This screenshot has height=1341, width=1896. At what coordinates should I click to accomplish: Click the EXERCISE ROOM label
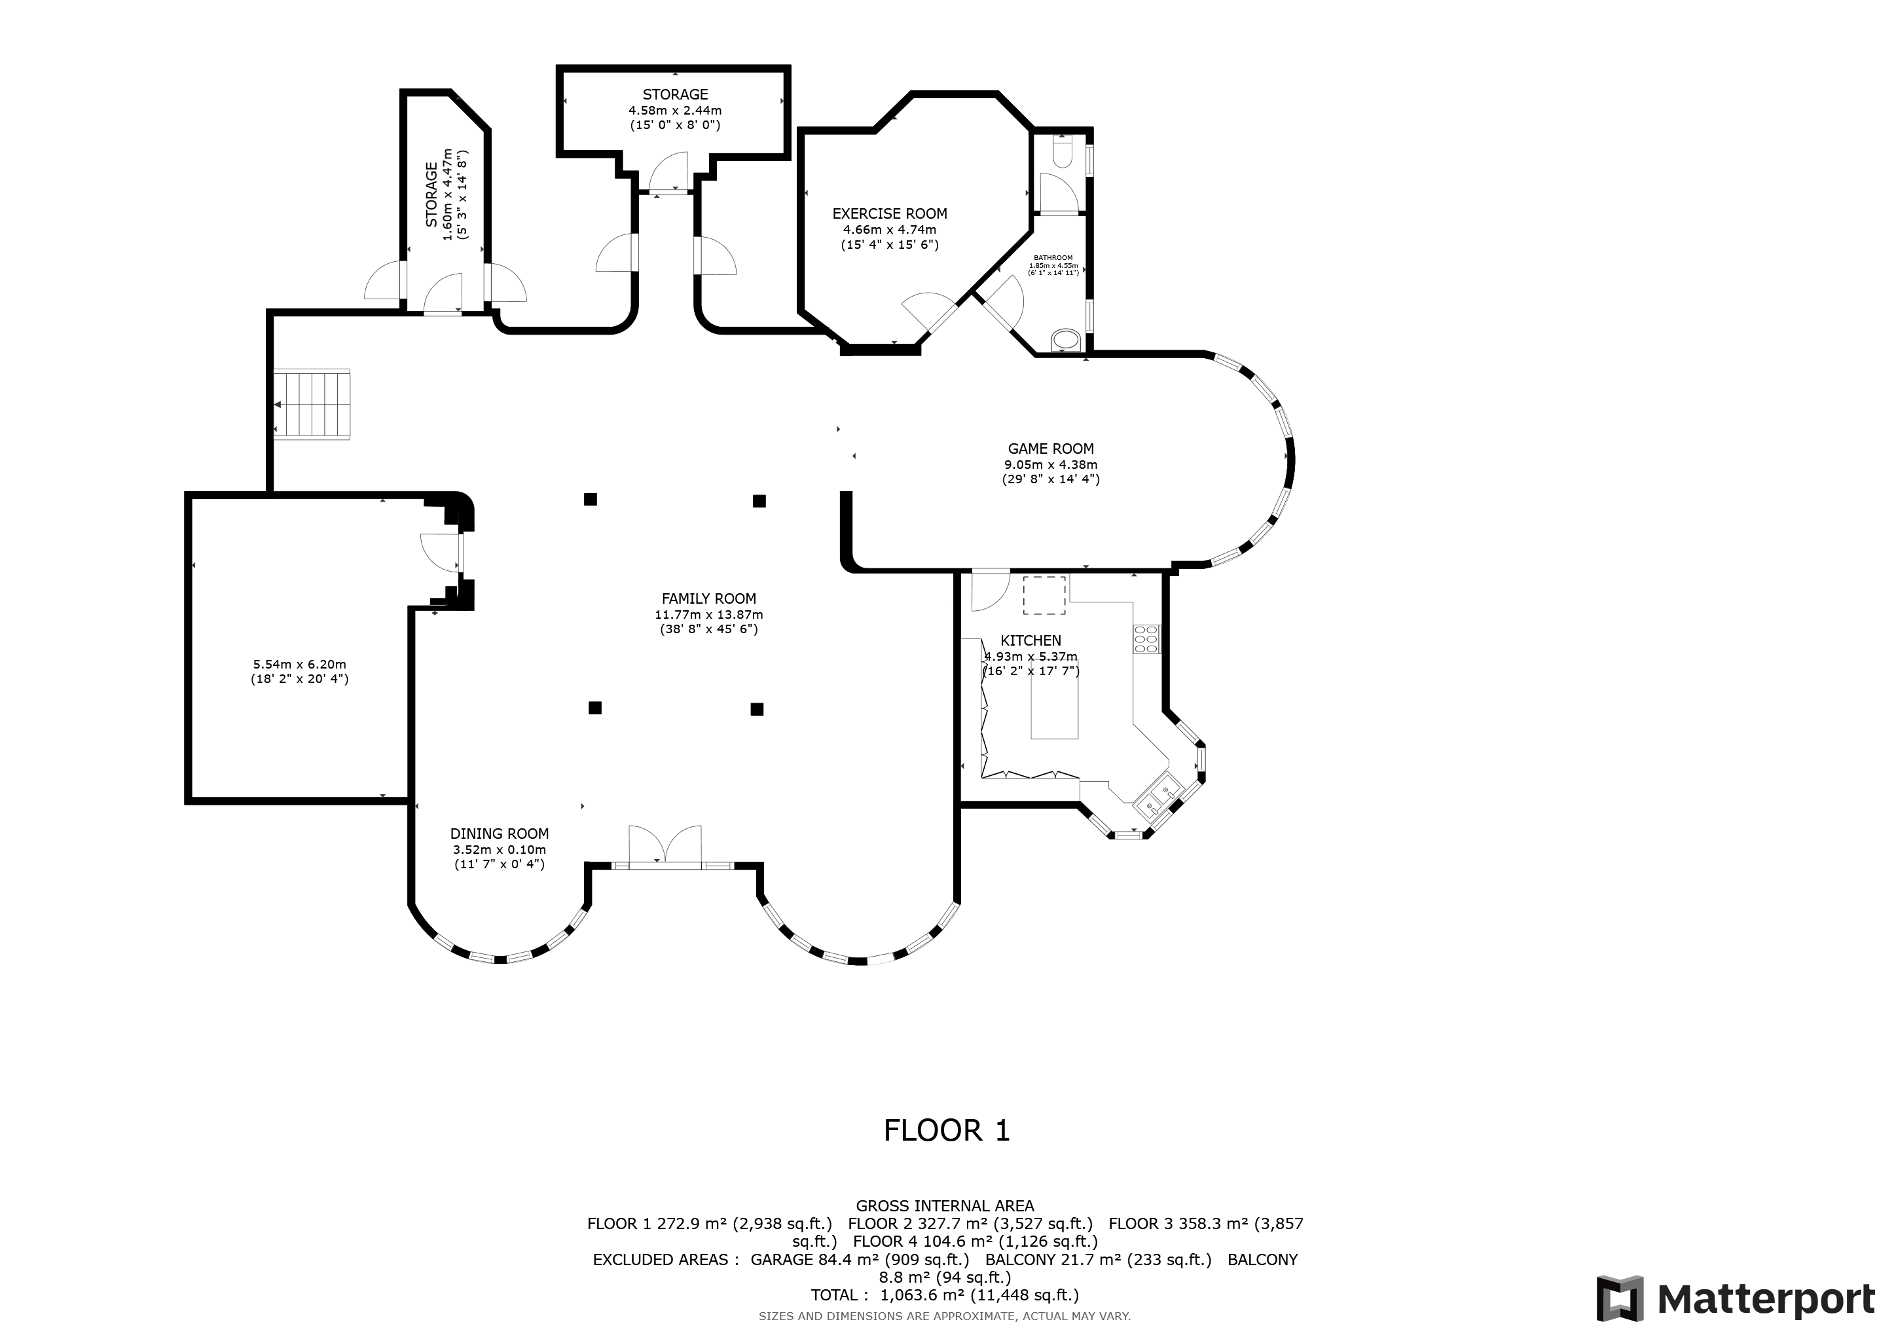point(889,214)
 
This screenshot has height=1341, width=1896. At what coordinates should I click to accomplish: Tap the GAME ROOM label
point(1050,449)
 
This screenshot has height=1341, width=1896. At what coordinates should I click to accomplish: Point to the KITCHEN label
point(1030,641)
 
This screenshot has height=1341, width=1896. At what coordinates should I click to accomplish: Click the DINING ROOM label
point(500,834)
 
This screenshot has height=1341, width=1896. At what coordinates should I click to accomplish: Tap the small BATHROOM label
point(1053,257)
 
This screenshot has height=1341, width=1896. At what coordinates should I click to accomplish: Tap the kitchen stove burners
point(1147,640)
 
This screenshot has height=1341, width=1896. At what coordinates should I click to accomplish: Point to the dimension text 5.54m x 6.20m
point(300,665)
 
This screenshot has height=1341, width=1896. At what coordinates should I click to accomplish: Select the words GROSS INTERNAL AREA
point(945,1206)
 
